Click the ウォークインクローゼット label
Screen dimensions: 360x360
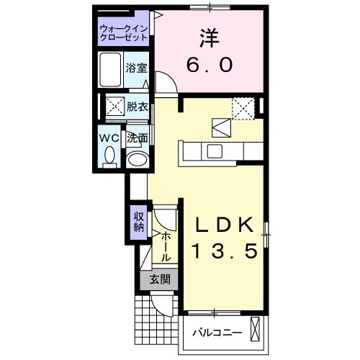(x=125, y=32)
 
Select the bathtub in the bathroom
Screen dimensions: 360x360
(x=111, y=71)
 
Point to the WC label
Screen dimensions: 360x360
(x=109, y=136)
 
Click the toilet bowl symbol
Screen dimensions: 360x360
(x=109, y=155)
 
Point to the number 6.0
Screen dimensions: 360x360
(x=209, y=65)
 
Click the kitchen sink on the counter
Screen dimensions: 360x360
(x=214, y=151)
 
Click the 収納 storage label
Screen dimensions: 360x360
(x=138, y=221)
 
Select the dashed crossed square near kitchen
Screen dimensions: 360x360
(x=243, y=109)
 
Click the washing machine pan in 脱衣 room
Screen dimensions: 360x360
(x=114, y=107)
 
